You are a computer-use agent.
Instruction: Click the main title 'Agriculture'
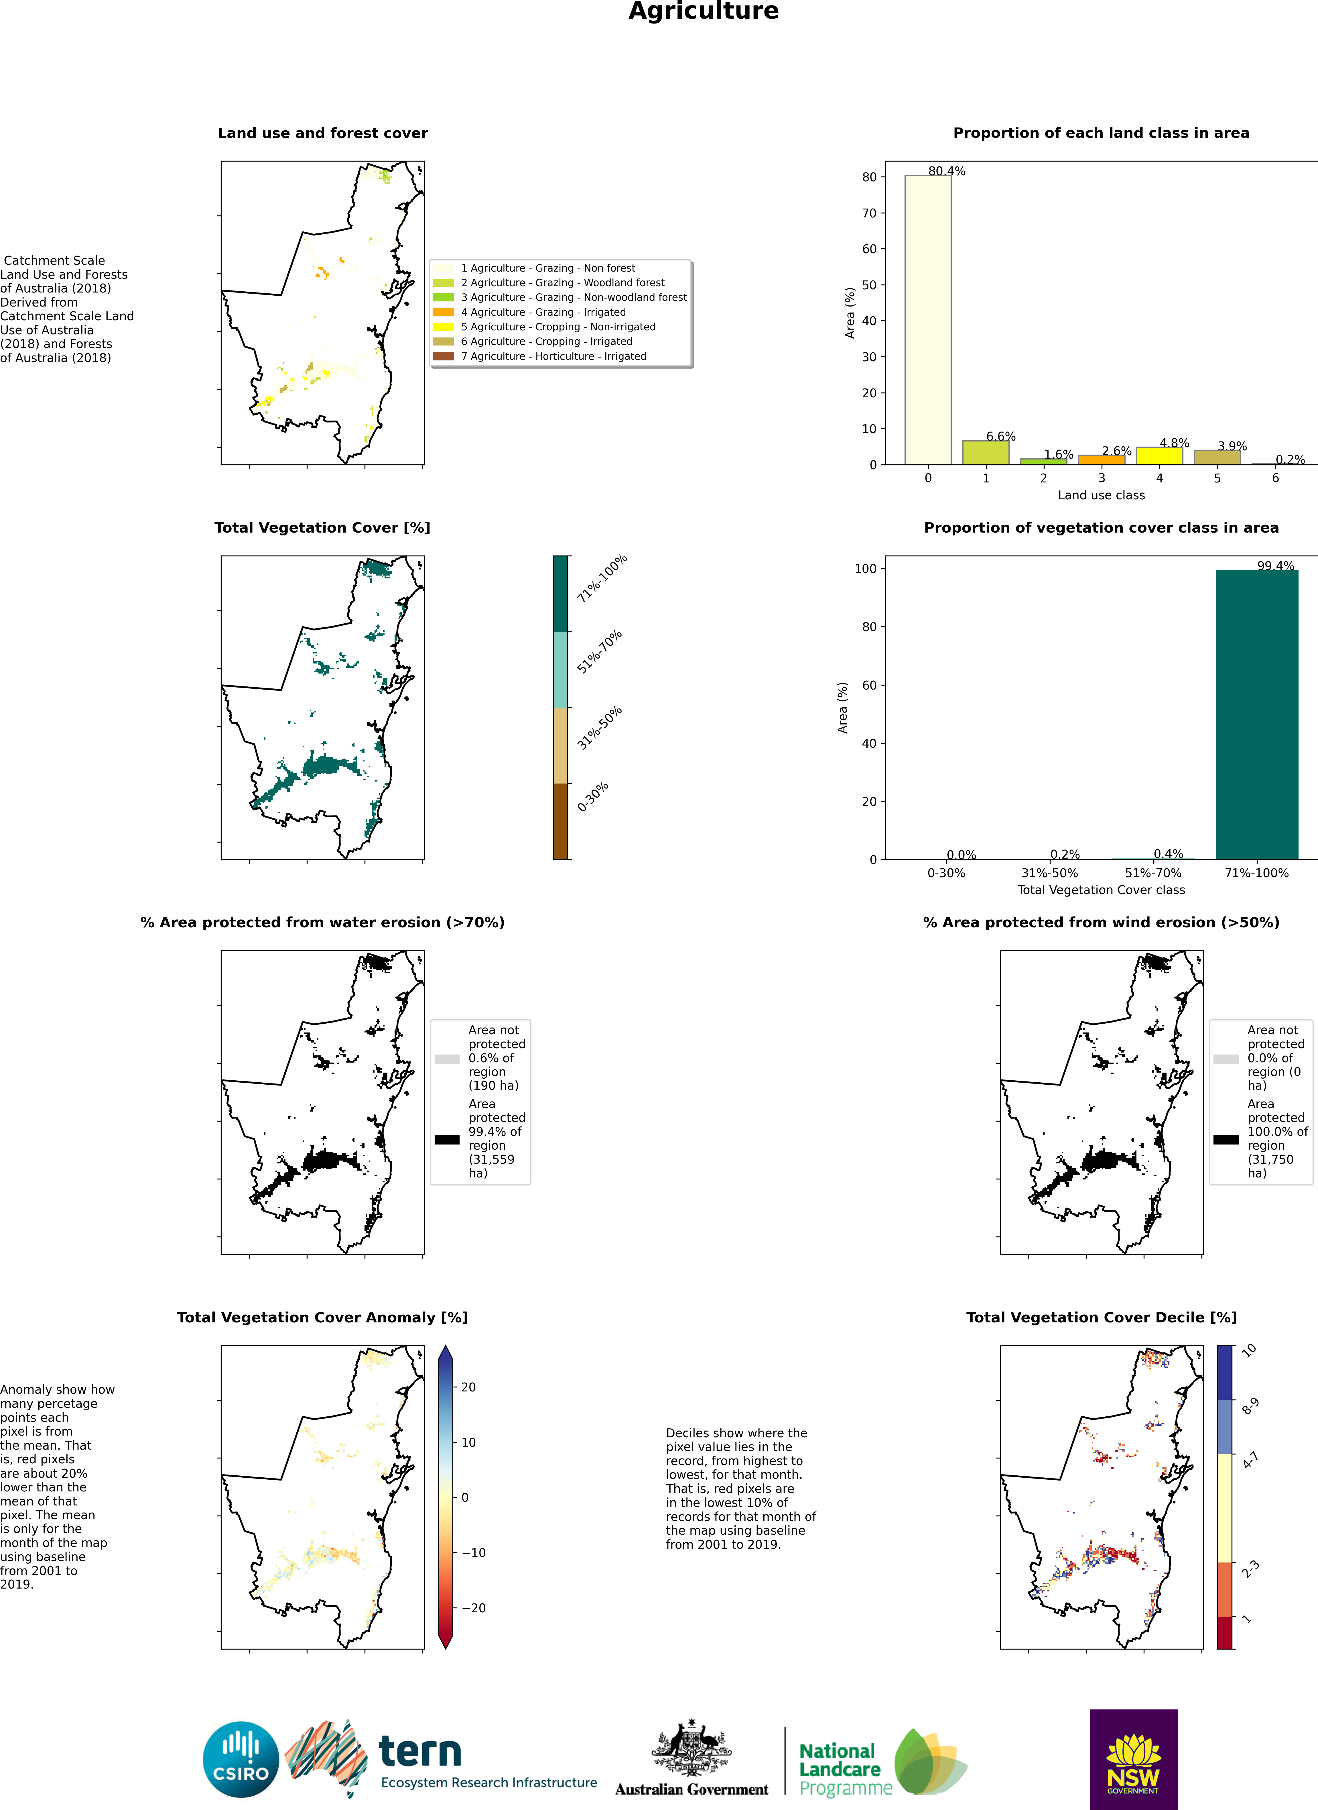(x=703, y=11)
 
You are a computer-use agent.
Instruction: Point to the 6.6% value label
(x=1000, y=437)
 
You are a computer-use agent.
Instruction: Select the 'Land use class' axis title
(x=1101, y=496)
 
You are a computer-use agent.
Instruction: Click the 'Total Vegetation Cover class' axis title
(x=1101, y=890)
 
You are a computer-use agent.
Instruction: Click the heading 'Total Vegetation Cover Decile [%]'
(x=1101, y=1318)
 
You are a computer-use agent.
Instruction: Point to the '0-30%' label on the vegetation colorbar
(x=593, y=796)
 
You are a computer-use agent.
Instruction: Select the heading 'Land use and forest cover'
(x=322, y=133)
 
